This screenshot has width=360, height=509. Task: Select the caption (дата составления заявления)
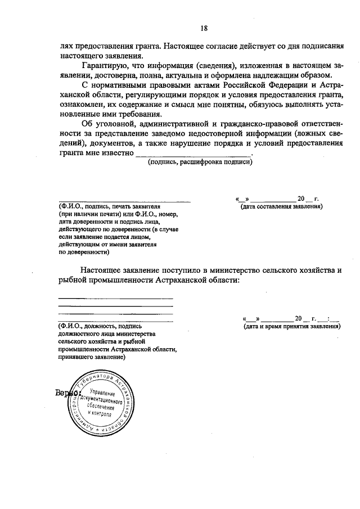[281, 206]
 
